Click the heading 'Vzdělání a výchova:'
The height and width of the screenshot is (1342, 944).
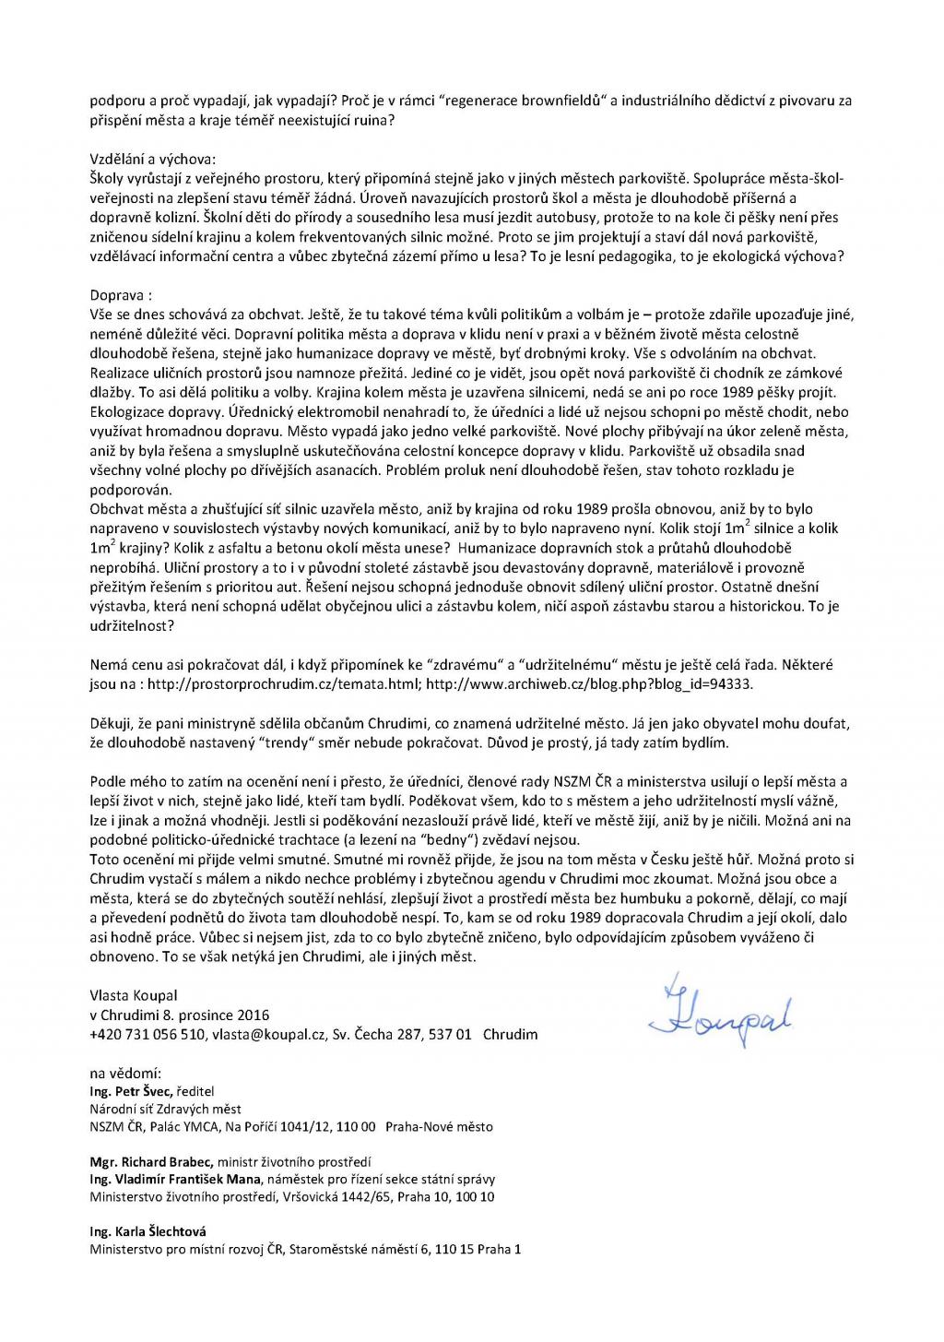[x=152, y=159]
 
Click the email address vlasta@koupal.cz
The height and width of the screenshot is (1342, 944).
[x=267, y=1034]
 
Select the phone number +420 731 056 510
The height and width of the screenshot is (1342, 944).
[x=147, y=1034]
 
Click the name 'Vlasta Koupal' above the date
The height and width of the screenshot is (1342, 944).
[x=134, y=995]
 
